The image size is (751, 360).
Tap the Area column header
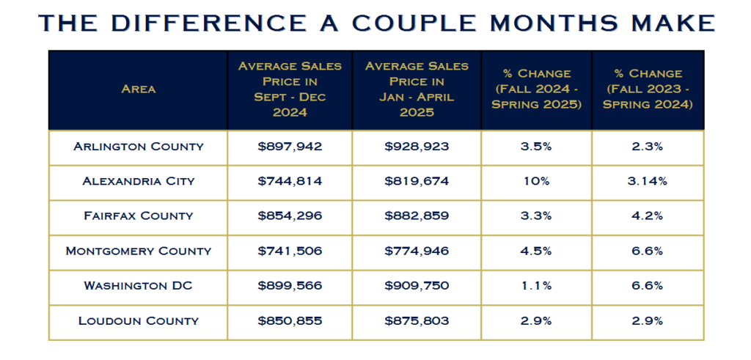tap(139, 89)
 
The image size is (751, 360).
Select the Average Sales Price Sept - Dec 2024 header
tap(290, 89)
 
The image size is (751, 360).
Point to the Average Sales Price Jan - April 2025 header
tap(417, 89)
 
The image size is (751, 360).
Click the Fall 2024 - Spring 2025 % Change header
tap(538, 89)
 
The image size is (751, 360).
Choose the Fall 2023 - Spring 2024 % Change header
tap(648, 89)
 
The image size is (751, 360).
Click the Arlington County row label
tap(139, 147)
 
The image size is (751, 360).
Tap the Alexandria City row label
tap(139, 181)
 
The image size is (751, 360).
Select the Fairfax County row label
tap(139, 216)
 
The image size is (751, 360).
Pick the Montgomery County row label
tap(139, 251)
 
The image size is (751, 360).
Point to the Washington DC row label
tap(139, 285)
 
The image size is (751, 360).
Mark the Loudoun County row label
tap(139, 320)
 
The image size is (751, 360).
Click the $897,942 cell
tap(290, 147)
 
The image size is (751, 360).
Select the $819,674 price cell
tap(417, 181)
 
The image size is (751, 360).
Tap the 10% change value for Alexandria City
tap(538, 181)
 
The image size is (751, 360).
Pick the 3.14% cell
tap(648, 181)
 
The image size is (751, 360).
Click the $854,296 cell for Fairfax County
tap(290, 216)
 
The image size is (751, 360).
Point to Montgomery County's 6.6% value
tap(648, 251)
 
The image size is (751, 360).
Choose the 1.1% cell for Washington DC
tap(538, 285)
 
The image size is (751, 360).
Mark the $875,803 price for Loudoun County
tap(417, 320)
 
